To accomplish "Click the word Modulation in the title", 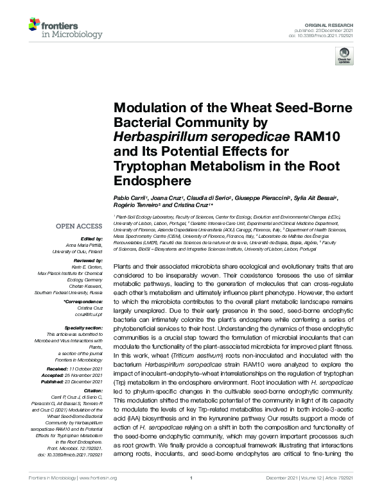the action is (x=148, y=109).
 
